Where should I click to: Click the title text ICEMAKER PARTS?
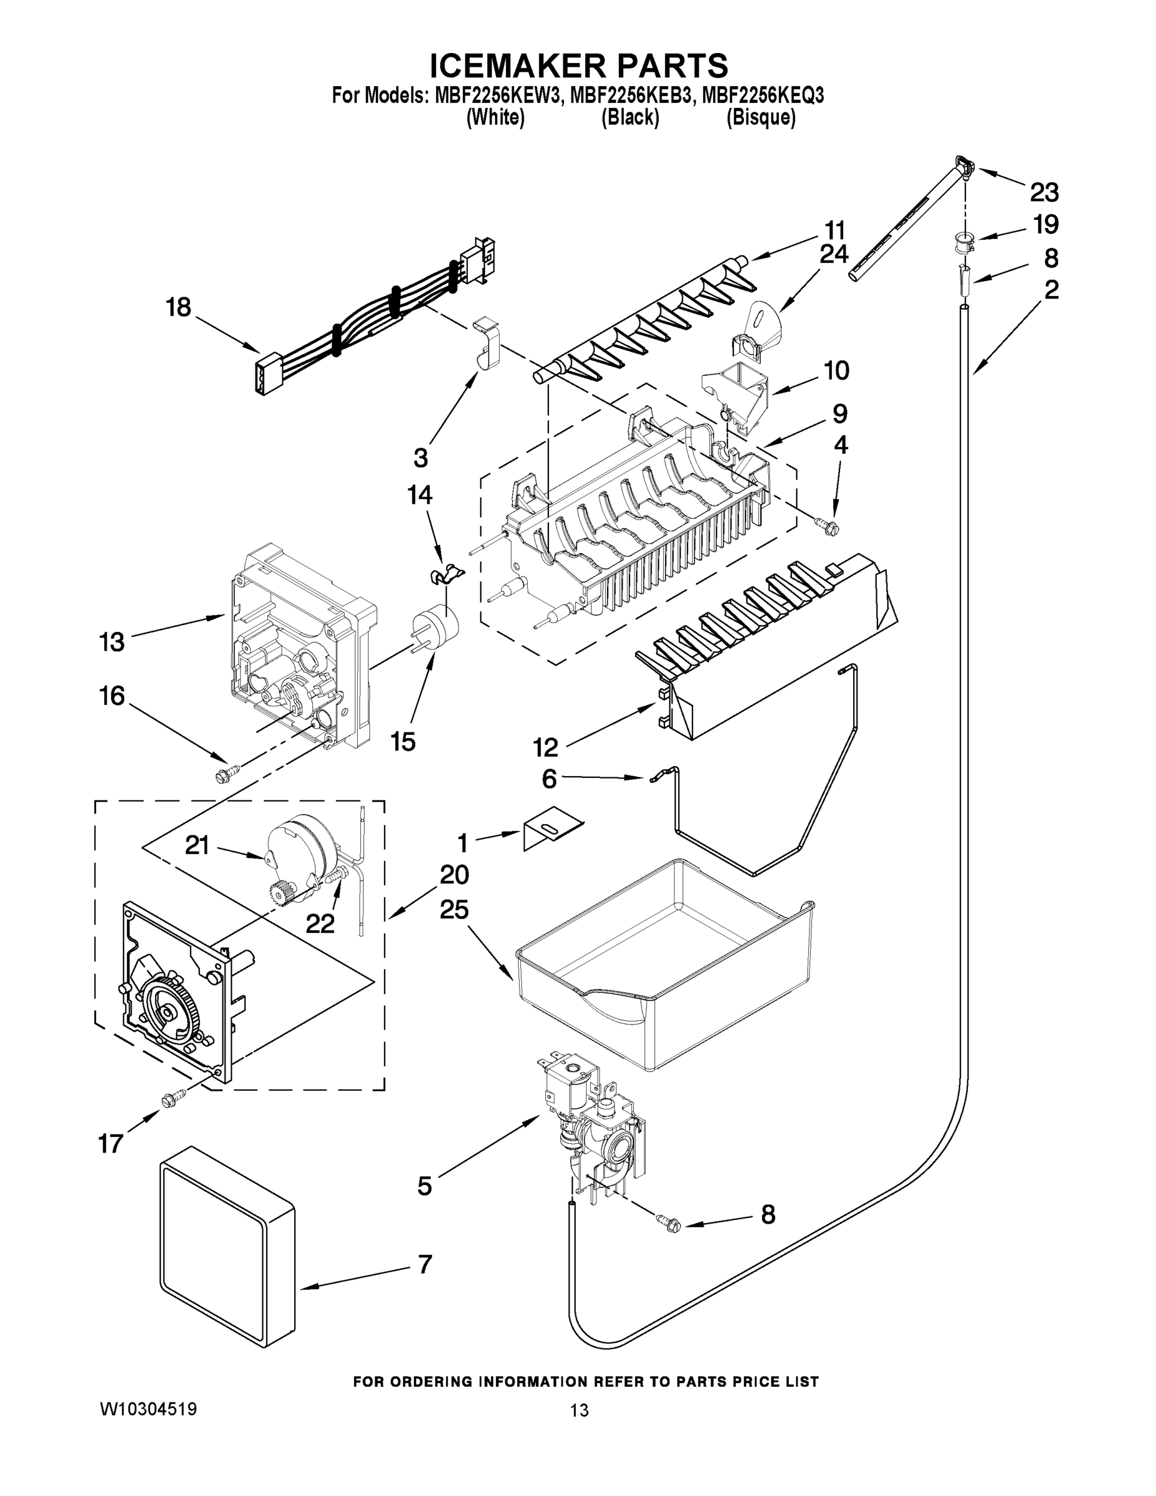coord(578,67)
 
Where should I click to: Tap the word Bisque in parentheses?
coord(760,118)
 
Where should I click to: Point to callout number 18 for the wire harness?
coord(178,307)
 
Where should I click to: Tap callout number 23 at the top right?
coord(1044,193)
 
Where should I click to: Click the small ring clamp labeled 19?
coord(962,241)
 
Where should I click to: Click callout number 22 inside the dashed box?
coord(320,923)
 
